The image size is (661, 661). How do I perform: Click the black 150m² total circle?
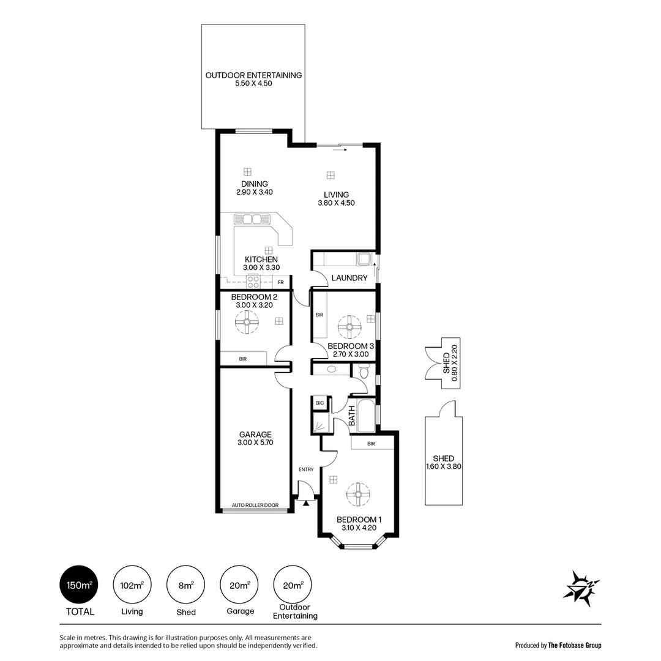click(77, 584)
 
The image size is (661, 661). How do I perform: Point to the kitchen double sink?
click(252, 219)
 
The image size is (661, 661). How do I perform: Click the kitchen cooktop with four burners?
click(253, 282)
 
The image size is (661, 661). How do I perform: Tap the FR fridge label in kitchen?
click(281, 282)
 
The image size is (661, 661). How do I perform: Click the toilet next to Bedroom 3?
click(364, 372)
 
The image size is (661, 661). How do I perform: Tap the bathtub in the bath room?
click(366, 415)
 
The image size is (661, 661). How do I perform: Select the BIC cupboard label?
click(319, 403)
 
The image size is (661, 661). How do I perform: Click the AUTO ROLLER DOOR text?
click(255, 506)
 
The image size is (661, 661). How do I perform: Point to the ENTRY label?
click(306, 469)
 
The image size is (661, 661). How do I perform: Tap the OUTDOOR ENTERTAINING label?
click(253, 75)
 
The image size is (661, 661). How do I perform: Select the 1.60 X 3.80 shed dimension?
click(443, 467)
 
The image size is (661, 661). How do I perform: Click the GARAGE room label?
click(255, 435)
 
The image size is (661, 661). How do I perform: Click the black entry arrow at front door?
click(305, 502)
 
